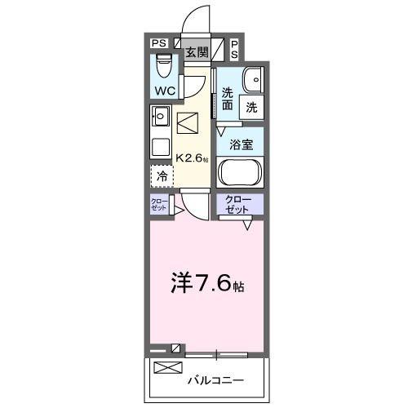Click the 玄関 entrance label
pos(195,51)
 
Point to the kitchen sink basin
pos(160,118)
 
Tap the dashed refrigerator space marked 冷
pos(162,175)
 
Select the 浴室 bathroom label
pos(240,144)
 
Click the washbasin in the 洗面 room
pos(254,80)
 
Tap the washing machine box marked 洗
pos(252,106)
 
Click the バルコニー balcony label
pos(216,380)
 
